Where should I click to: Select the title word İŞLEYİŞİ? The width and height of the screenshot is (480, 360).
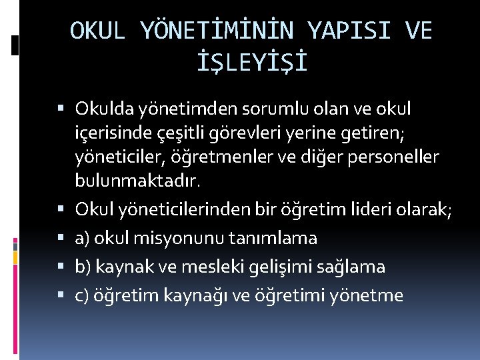(x=251, y=63)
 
